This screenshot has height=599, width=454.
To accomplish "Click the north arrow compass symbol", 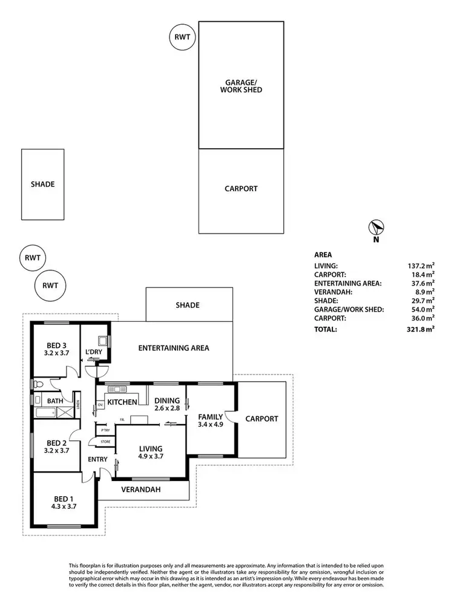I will pos(376,227).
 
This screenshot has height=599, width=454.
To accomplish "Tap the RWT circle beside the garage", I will pos(182,38).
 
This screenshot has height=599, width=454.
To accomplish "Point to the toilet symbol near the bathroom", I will pos(38,383).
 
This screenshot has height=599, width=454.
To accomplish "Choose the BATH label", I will pos(54,401).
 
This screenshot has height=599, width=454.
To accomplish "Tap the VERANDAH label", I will pos(141,489).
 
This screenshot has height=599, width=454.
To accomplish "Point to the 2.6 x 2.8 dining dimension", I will pos(168,409).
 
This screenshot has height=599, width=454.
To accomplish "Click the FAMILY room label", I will pos(210,416).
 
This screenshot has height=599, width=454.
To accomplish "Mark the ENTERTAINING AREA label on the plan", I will pos(174,348).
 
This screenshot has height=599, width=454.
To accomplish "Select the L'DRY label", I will pos(94,352).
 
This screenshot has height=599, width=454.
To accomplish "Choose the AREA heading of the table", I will pos(323,255).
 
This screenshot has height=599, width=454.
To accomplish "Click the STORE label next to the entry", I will pos(105,442).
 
